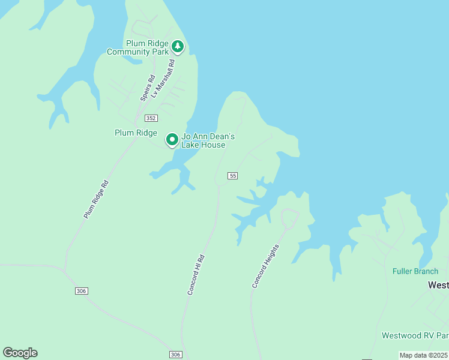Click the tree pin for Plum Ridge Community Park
[x=177, y=46]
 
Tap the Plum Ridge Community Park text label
[x=138, y=47]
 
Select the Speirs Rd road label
[x=147, y=87]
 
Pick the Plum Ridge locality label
[x=136, y=133]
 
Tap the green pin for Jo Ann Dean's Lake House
[x=172, y=140]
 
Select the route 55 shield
[x=233, y=175]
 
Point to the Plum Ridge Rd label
[x=96, y=199]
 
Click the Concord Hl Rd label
[x=196, y=275]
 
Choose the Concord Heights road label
[x=265, y=266]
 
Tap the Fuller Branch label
[x=415, y=271]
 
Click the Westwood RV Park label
[x=415, y=335]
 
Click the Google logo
[x=20, y=353]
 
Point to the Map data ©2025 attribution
[x=423, y=355]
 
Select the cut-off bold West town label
[x=438, y=286]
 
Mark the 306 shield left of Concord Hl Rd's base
[x=175, y=355]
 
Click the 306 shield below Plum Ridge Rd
[x=82, y=291]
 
